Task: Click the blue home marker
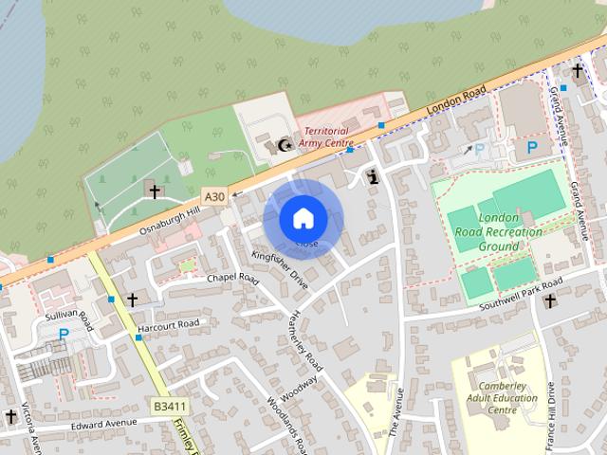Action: click(x=303, y=218)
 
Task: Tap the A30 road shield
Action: click(x=214, y=197)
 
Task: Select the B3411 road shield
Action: click(x=167, y=406)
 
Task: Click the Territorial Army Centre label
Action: click(x=323, y=136)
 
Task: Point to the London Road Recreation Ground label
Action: click(x=510, y=232)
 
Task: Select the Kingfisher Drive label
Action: click(x=280, y=270)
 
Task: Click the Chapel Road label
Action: click(x=232, y=279)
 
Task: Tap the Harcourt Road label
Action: click(x=168, y=325)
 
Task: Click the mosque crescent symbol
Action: click(x=283, y=145)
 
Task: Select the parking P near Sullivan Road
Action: click(x=64, y=334)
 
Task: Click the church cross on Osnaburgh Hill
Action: click(x=154, y=191)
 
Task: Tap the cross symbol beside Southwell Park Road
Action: click(x=550, y=300)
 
